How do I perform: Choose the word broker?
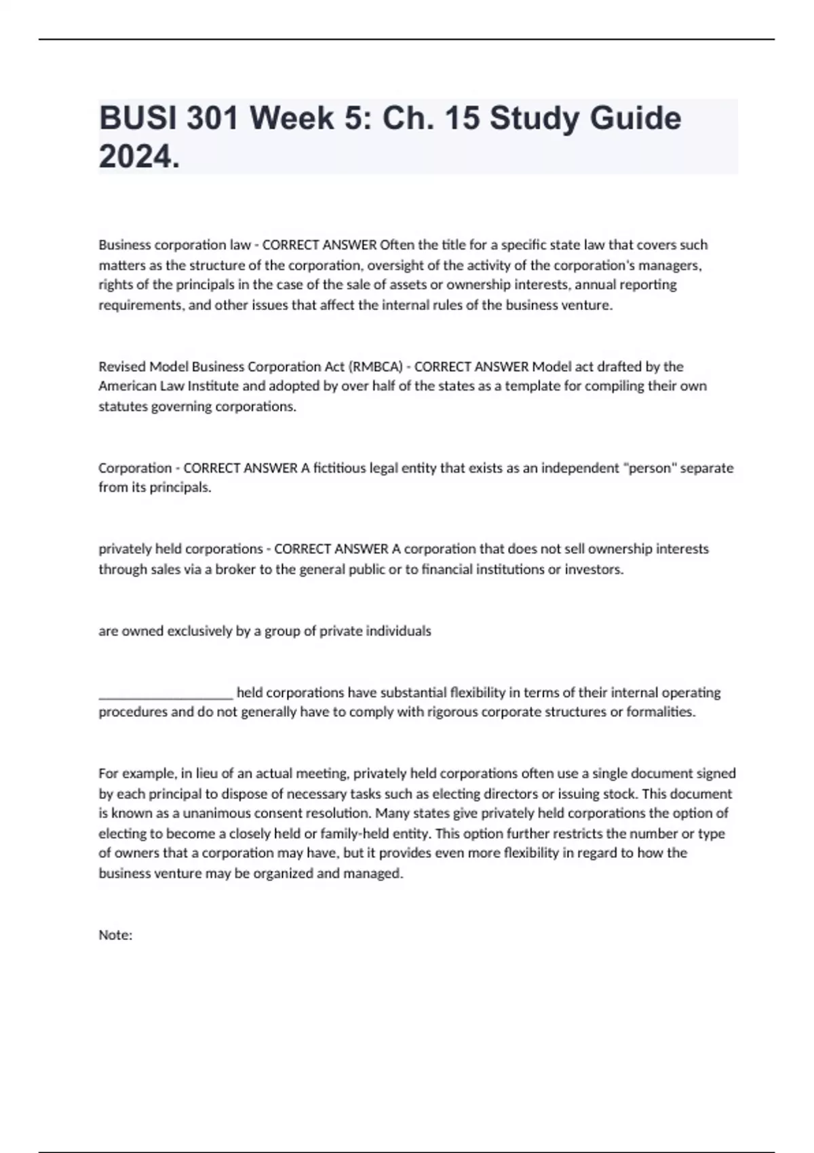235,570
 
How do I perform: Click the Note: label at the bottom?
115,935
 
